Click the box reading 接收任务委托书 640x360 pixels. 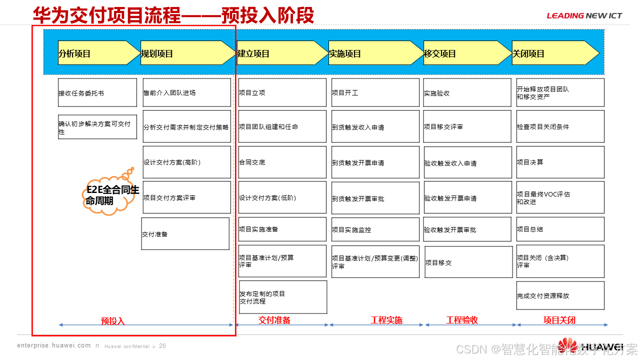(97, 92)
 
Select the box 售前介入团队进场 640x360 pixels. (186, 92)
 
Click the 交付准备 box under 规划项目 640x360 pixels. (185, 233)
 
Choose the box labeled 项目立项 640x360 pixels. (282, 92)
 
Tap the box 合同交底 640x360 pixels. (282, 162)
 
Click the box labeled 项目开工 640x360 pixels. (375, 92)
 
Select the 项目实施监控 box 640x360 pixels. (375, 229)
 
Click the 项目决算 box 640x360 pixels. (560, 162)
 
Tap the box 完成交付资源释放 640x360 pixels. (560, 295)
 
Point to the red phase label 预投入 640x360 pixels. (113, 321)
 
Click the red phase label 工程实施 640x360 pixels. (386, 320)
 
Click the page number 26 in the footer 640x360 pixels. (162, 345)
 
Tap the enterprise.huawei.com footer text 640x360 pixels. (54, 345)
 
